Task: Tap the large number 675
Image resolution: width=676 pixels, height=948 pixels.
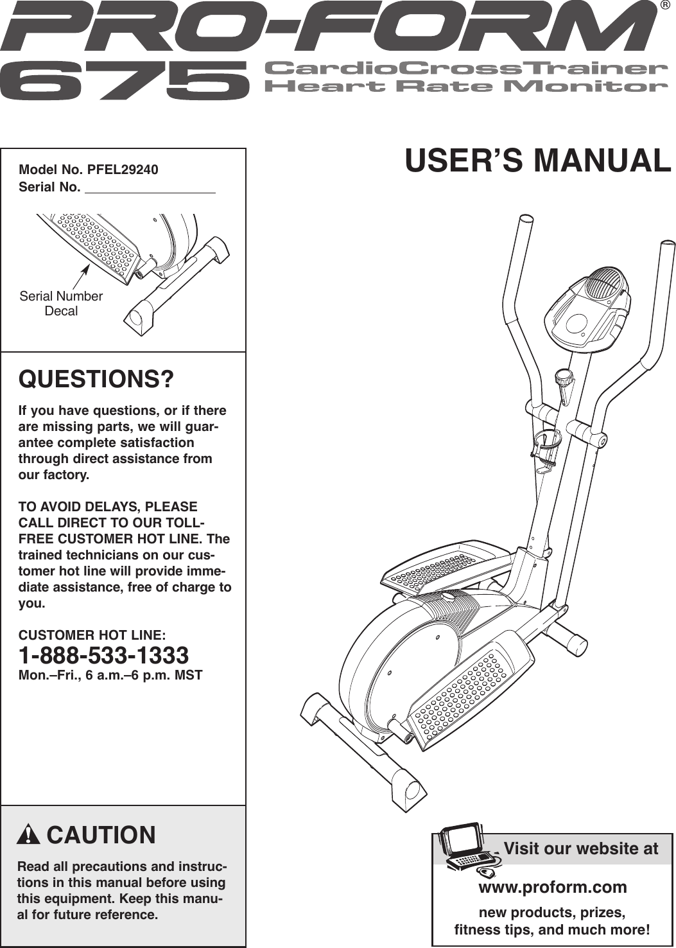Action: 125,80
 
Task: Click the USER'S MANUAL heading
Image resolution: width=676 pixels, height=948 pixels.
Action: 538,161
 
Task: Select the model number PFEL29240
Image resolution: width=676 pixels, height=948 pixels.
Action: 123,170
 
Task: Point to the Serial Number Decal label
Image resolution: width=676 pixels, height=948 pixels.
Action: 61,303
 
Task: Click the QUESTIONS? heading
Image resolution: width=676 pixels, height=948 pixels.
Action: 96,379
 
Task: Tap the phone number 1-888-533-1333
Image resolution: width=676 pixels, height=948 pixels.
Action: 104,656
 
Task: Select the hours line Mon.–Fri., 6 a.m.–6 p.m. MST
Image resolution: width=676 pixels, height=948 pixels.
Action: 110,675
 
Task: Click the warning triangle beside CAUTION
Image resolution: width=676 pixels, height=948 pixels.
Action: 29,835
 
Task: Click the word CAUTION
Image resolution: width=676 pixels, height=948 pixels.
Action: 101,835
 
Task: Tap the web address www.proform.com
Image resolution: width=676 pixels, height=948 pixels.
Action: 553,887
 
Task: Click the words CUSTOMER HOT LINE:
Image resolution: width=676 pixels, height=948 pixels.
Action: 92,635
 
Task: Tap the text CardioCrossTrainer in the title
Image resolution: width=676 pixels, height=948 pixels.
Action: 462,68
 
